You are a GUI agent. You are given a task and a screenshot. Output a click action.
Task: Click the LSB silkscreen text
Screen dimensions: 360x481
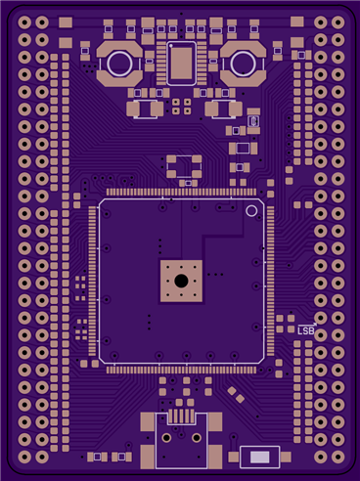click(x=306, y=331)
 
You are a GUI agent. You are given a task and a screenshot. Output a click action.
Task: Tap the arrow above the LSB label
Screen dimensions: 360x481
click(x=307, y=325)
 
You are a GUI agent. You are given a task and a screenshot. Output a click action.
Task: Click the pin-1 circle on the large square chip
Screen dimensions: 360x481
click(x=251, y=211)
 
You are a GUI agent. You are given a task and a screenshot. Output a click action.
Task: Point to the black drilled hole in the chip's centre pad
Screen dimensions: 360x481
click(x=181, y=281)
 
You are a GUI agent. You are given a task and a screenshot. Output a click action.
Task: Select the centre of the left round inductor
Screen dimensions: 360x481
click(x=119, y=64)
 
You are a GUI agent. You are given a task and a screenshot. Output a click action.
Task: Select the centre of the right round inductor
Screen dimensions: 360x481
click(x=243, y=64)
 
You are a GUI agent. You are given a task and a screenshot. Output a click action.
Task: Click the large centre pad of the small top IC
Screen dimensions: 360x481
click(x=181, y=63)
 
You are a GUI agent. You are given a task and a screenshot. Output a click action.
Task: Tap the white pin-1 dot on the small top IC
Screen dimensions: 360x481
click(x=170, y=46)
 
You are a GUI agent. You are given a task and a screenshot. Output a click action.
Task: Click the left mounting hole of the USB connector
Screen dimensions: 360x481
click(x=166, y=437)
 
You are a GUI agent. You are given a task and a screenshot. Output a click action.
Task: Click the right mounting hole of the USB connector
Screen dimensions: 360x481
click(x=197, y=437)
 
